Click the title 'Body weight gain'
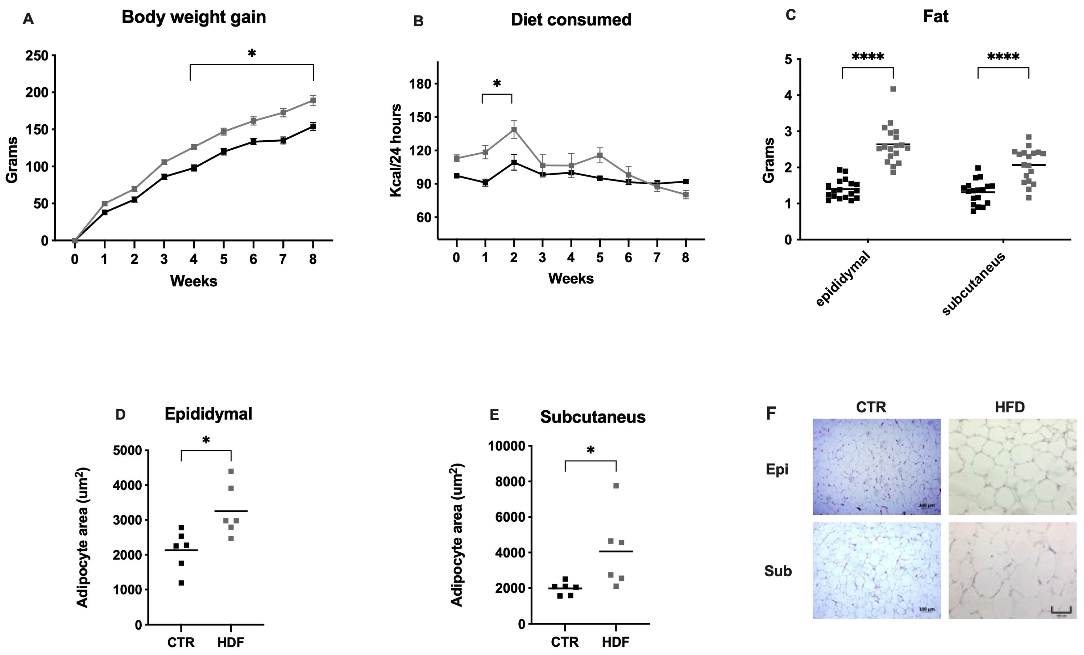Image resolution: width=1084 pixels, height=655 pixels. [x=194, y=17]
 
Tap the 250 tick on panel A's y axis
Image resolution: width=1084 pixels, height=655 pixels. [x=37, y=56]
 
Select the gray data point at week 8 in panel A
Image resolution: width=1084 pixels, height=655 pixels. [x=313, y=100]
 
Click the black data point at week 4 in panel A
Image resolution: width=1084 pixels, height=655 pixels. [x=194, y=168]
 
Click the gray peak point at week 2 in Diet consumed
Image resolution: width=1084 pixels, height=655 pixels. [x=514, y=130]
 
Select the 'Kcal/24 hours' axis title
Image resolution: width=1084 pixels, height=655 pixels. [x=395, y=150]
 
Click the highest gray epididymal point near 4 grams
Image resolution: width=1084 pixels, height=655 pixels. [x=893, y=89]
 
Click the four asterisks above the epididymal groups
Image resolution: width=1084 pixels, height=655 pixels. [x=868, y=57]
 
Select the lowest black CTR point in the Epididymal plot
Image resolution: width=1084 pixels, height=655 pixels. [x=181, y=583]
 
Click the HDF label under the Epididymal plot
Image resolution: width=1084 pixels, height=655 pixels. [x=230, y=642]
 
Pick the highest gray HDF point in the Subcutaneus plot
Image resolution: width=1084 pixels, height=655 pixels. [x=616, y=486]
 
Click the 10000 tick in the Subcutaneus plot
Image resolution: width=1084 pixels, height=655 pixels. [x=506, y=446]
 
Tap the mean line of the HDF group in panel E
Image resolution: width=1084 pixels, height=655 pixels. [x=616, y=551]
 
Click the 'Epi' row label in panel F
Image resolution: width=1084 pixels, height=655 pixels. [x=777, y=469]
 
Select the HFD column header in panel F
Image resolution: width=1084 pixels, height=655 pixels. [x=1010, y=407]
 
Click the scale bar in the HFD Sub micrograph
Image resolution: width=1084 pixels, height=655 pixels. [x=1061, y=610]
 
